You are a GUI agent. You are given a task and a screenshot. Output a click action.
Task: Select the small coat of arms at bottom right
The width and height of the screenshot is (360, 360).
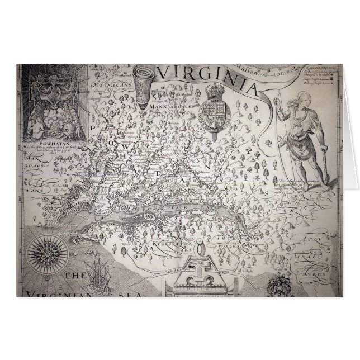point(278,288)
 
